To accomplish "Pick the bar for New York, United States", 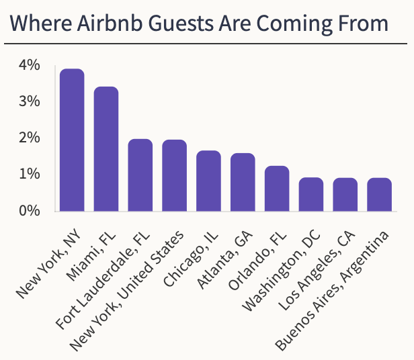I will (x=174, y=175).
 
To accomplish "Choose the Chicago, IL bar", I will (x=208, y=181).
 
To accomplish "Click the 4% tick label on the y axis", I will (x=30, y=66).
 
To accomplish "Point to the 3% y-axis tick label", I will (x=30, y=102).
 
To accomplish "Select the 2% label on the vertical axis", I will (x=30, y=138).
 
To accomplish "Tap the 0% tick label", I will (x=30, y=211).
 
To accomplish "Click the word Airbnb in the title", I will (x=107, y=24).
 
